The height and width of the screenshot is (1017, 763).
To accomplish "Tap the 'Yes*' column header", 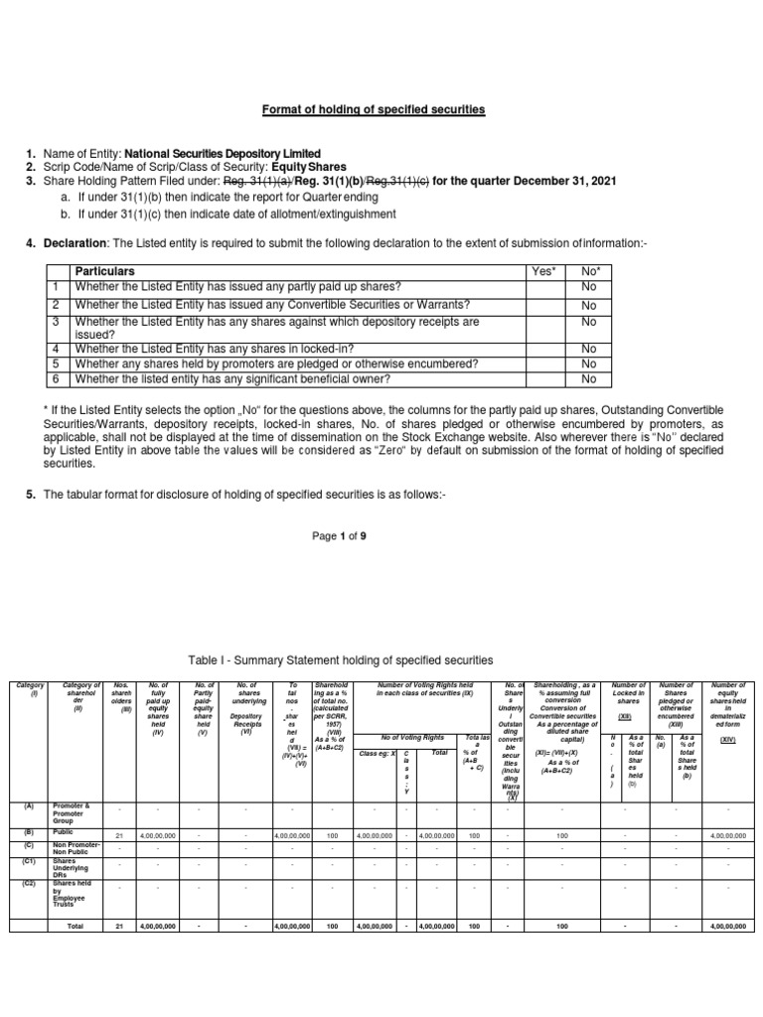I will (x=545, y=271).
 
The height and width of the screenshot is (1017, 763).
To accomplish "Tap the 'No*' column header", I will (x=589, y=271).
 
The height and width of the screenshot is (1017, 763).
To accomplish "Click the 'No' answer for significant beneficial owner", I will (x=589, y=378).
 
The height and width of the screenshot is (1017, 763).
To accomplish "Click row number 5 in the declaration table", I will (x=57, y=363).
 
